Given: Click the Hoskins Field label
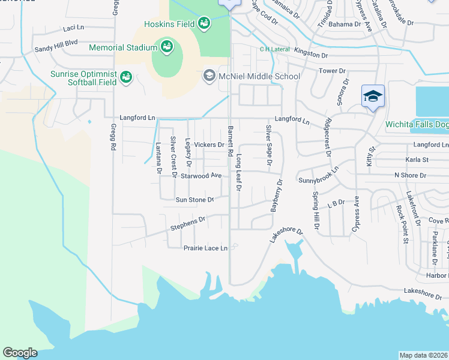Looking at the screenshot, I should [170, 25].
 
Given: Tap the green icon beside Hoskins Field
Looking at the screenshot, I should [204, 24].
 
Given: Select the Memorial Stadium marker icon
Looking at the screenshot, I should [166, 47].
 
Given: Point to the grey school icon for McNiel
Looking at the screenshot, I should [209, 76].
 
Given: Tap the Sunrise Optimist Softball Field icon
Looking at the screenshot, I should [125, 77].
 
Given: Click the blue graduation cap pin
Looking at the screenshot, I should [372, 96].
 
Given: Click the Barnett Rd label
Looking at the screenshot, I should [230, 141].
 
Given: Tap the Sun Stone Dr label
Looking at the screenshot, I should [194, 200].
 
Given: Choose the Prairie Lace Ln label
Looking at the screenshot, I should [206, 248].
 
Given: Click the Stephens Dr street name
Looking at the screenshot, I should [188, 223].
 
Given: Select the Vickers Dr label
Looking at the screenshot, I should [209, 145].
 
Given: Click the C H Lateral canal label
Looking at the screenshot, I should [274, 49].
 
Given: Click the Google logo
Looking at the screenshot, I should [20, 353].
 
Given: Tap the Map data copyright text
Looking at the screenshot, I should [423, 355].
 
